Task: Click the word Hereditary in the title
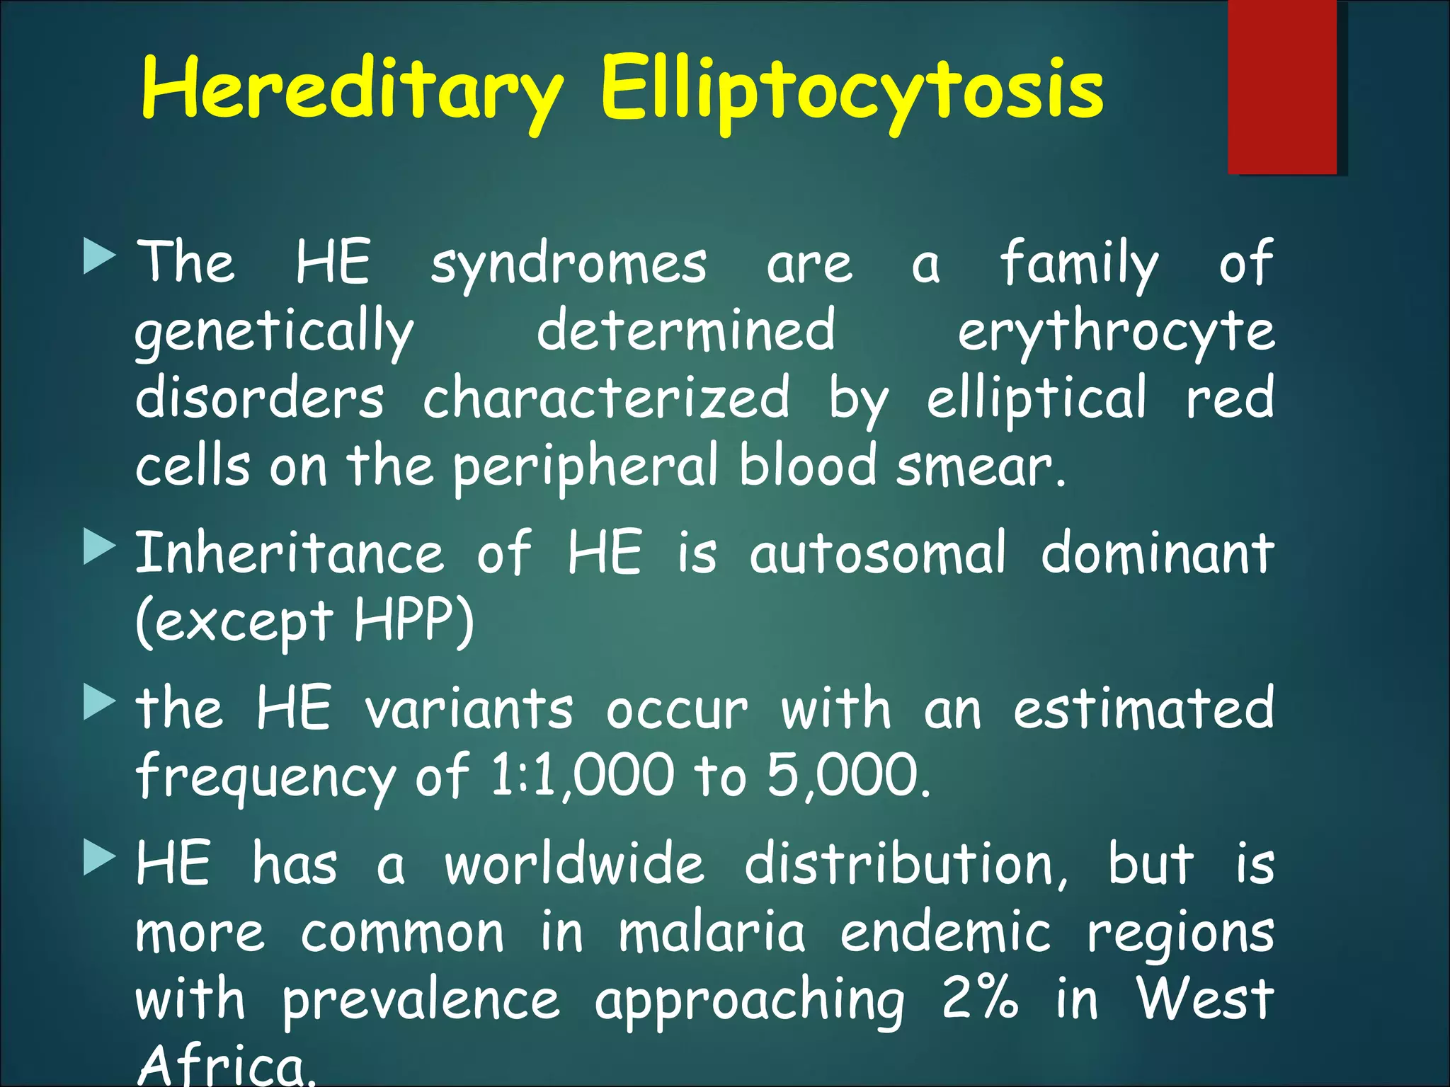tap(352, 91)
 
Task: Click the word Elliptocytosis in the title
tap(852, 91)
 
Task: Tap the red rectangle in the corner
tap(1281, 86)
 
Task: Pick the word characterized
tap(606, 398)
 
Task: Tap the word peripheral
tap(586, 467)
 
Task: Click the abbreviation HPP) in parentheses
tap(413, 621)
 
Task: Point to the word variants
tap(469, 708)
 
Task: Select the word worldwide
tap(574, 865)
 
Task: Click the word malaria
tap(712, 933)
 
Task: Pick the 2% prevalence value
tap(980, 999)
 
